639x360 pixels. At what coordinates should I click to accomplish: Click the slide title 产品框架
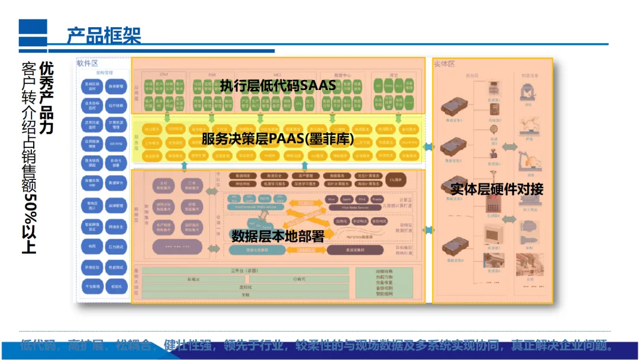[104, 35]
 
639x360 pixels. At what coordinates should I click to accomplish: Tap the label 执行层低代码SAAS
[277, 86]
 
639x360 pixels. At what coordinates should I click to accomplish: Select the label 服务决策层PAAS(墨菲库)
[277, 139]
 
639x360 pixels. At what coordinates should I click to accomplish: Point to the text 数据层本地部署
[277, 236]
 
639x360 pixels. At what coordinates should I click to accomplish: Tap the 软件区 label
[87, 63]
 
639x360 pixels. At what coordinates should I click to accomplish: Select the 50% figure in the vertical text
[29, 207]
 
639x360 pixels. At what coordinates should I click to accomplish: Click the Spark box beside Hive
[347, 200]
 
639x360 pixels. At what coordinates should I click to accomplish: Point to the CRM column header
[164, 75]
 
